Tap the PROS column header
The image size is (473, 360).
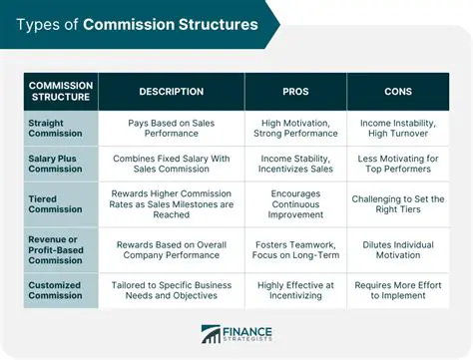tap(296, 92)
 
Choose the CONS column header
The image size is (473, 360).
tap(398, 92)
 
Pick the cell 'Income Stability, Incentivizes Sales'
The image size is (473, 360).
tap(296, 164)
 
